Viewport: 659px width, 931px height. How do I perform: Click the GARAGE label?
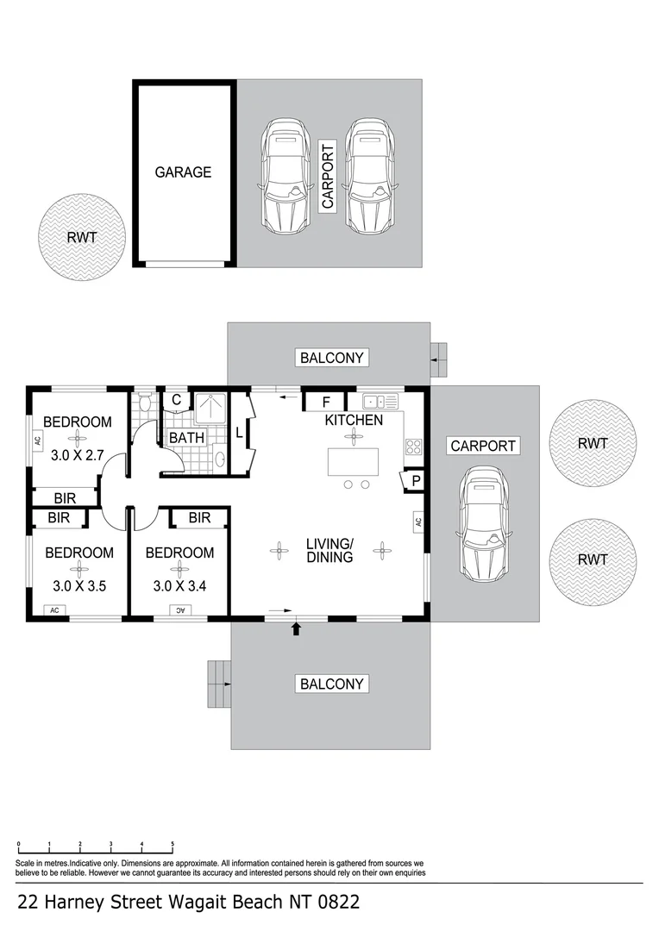click(183, 172)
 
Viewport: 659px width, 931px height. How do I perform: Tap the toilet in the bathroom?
click(145, 403)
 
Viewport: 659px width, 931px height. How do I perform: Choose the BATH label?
click(186, 438)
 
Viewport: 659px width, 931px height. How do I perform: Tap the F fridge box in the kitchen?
click(326, 402)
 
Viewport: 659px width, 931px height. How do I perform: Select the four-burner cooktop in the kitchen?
click(413, 447)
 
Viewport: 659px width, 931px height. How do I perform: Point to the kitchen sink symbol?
click(380, 401)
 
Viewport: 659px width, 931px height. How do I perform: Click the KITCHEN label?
click(354, 421)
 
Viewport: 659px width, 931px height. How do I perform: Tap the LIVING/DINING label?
click(329, 550)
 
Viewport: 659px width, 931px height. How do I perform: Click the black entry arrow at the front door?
click(297, 629)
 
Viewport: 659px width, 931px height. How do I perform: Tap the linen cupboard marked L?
click(239, 433)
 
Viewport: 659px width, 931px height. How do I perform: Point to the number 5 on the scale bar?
click(173, 845)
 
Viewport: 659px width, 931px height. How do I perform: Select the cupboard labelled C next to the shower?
click(176, 399)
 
